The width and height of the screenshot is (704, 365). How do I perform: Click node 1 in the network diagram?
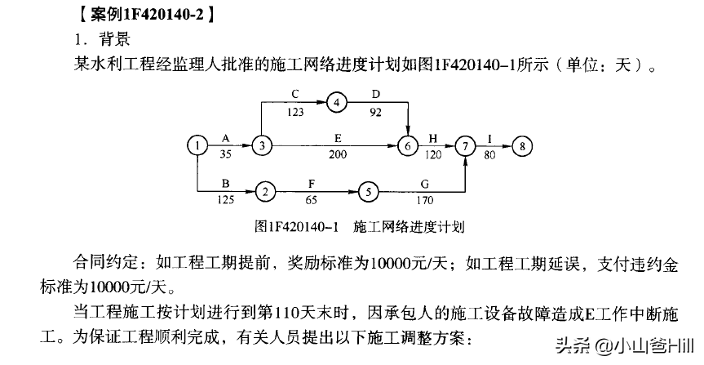197,146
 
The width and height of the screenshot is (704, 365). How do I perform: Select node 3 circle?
260,146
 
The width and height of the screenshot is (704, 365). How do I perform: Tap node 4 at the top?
336,102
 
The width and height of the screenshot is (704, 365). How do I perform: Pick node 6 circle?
408,146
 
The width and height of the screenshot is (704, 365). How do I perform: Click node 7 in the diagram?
465,146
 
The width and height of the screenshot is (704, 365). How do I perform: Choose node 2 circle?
265,192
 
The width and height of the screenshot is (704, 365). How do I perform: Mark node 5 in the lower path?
369,192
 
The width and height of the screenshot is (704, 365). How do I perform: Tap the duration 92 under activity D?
376,111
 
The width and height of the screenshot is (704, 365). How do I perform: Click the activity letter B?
226,183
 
